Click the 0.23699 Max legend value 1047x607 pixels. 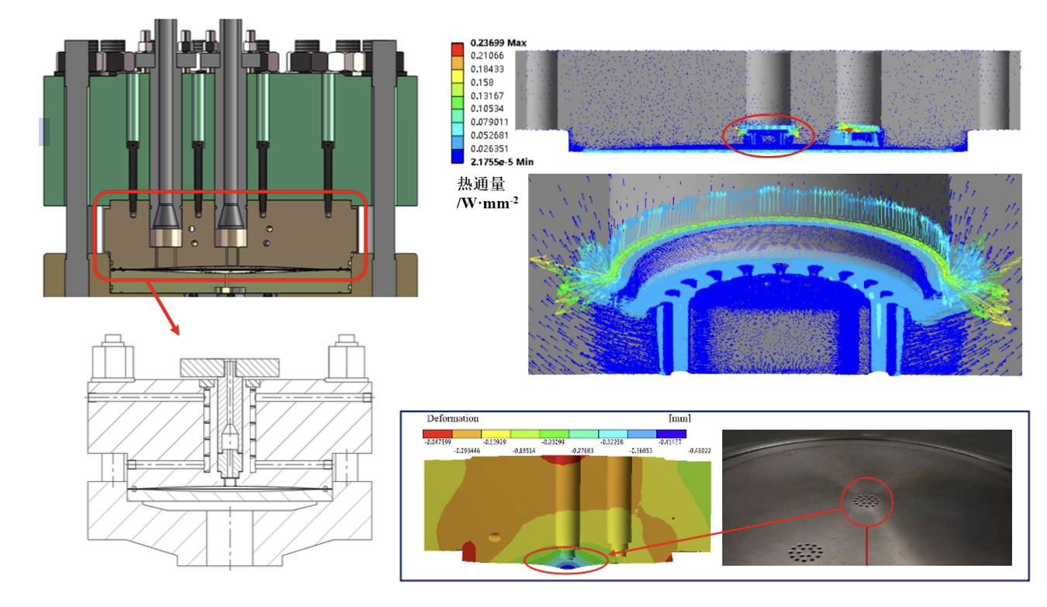tap(496, 43)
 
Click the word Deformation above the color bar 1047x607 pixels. tap(453, 418)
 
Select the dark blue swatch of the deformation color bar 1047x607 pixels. tap(672, 434)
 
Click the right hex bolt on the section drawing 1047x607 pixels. tap(346, 356)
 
